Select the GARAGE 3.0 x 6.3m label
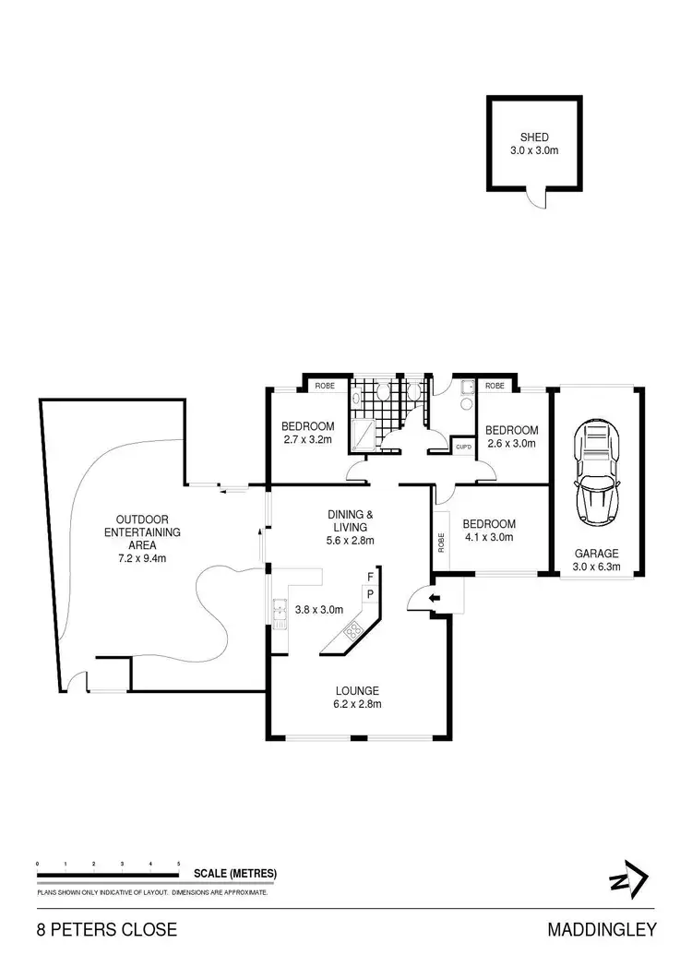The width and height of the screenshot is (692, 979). click(x=596, y=560)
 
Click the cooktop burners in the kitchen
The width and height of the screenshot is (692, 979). click(x=352, y=632)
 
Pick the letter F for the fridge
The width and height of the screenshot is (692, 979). click(x=369, y=576)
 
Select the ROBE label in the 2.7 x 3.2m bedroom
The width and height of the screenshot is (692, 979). click(x=325, y=386)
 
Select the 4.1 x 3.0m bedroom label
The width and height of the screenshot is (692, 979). click(x=489, y=531)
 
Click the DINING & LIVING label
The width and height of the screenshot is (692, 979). click(x=350, y=527)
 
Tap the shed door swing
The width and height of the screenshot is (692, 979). click(x=536, y=197)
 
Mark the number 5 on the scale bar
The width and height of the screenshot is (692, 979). click(x=178, y=864)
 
